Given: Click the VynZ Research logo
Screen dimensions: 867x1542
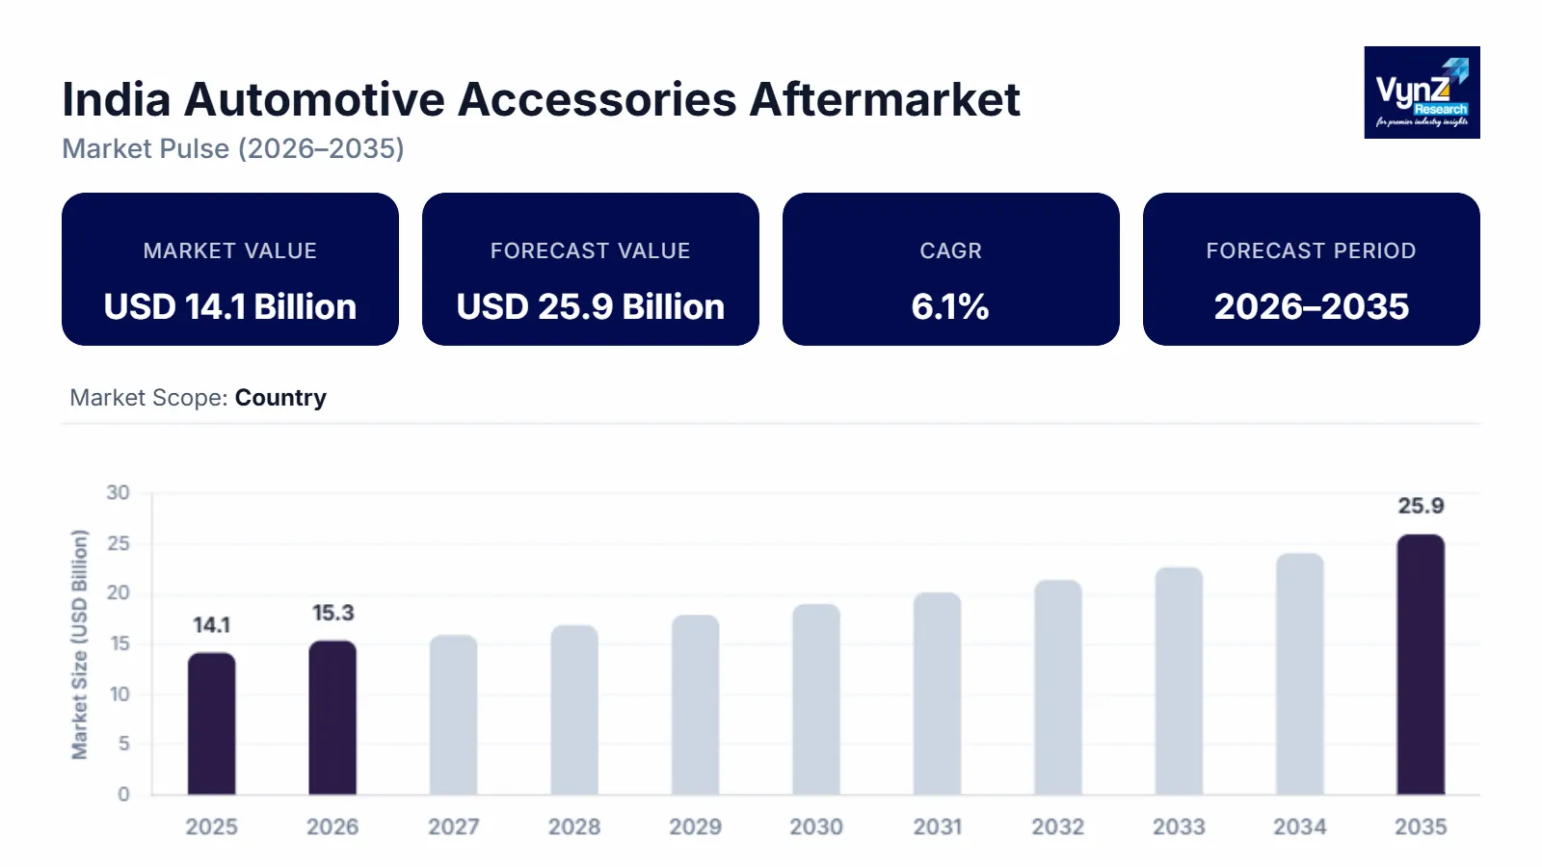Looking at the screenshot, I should click(1422, 92).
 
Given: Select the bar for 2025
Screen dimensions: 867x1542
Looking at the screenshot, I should click(211, 723).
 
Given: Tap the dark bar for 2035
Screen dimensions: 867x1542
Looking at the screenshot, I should click(1421, 665).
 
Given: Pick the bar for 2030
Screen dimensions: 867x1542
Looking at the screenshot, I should click(816, 699).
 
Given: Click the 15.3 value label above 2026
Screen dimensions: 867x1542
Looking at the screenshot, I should click(332, 614).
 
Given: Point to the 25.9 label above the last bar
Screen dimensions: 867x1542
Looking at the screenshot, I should click(1421, 506).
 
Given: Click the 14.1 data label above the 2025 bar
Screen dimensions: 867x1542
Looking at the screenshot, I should click(211, 625).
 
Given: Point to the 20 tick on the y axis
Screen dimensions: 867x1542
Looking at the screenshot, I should click(118, 593).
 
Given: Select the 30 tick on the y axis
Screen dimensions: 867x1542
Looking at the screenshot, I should click(118, 493).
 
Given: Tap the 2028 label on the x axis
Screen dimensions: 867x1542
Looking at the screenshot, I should click(574, 827).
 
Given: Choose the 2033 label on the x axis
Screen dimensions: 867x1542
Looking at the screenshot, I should click(1179, 827).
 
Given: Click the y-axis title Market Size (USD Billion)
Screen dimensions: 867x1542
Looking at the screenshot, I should click(79, 644).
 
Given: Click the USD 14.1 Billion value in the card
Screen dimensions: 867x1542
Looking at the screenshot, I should click(230, 306).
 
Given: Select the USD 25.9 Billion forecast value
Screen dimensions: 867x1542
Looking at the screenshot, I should click(590, 306).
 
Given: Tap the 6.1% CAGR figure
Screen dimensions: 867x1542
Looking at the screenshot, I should click(950, 306).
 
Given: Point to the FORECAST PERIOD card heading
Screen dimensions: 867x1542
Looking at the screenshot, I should click(1311, 250).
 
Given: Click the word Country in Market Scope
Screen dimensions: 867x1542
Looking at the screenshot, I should click(280, 398).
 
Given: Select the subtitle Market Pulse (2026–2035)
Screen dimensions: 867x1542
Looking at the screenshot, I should click(233, 148).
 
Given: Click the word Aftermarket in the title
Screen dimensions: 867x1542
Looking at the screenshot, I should click(884, 99).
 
